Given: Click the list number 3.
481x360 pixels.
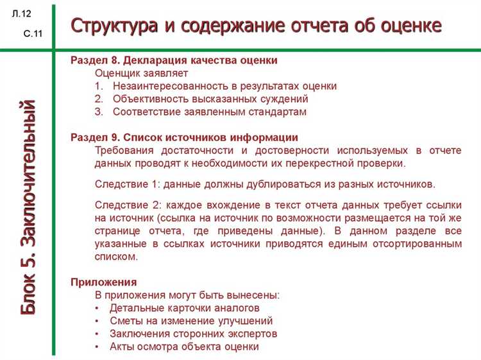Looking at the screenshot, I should [x=98, y=112].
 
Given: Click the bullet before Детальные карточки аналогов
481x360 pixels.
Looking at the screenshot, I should [x=97, y=309].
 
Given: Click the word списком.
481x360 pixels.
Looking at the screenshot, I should [x=116, y=256].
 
